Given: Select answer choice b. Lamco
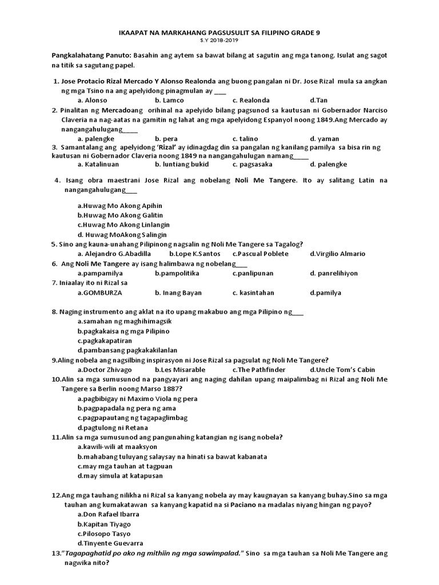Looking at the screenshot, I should pyautogui.click(x=169, y=100).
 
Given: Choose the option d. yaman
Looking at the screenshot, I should pyautogui.click(x=324, y=138).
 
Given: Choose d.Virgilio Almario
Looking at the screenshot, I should pyautogui.click(x=337, y=254).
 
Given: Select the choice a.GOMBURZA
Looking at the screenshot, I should pyautogui.click(x=100, y=292).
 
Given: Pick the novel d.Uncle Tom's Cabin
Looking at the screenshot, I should pyautogui.click(x=342, y=370).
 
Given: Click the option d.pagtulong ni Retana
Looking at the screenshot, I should pyautogui.click(x=113, y=427).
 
